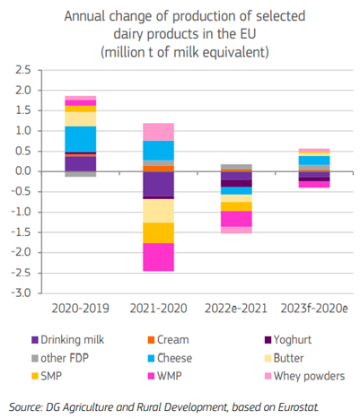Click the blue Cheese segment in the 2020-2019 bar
pos(81,139)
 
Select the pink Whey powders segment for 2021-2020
pos(158,132)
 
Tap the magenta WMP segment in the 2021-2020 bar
pos(158,258)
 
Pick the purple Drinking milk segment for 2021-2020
pos(158,184)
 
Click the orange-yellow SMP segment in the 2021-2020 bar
pos(158,233)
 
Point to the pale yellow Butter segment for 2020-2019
pos(81,119)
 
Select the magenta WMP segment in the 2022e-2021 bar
pos(236,219)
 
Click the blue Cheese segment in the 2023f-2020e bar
pos(314,161)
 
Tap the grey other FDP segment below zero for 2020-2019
pos(81,174)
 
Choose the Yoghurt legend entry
pos(288,340)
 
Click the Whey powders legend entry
pos(305,376)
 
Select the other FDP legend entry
pos(60,358)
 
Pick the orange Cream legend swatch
pos(152,340)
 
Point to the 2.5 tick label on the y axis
pos(23,70)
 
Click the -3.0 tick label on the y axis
pos(21,293)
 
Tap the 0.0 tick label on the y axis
pos(23,171)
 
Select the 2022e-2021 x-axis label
pos(236,309)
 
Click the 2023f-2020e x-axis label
pos(314,309)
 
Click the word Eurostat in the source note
pos(298,407)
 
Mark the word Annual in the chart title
pos(84,16)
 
